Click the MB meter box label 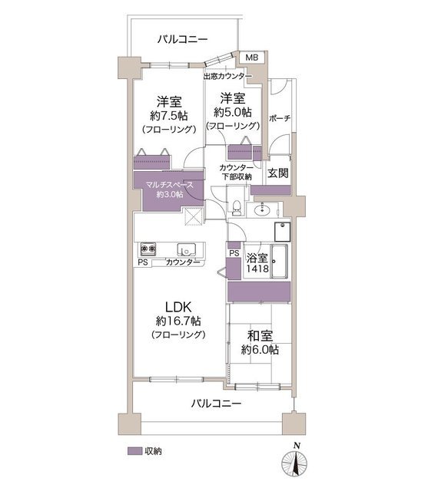[252, 58]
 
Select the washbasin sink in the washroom [262, 209]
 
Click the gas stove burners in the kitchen [148, 249]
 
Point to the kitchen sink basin [186, 249]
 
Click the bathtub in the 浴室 [280, 262]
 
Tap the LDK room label [178, 307]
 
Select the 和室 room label [260, 336]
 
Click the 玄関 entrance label [278, 173]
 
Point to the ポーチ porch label [280, 119]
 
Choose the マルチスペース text [170, 185]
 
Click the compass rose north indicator [294, 462]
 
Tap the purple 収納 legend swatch [134, 451]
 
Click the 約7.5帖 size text [169, 116]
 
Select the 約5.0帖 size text [233, 112]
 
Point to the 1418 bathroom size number [257, 269]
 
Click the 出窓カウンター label [227, 77]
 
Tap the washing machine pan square [282, 232]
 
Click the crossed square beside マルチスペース [193, 216]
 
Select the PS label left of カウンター [143, 262]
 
